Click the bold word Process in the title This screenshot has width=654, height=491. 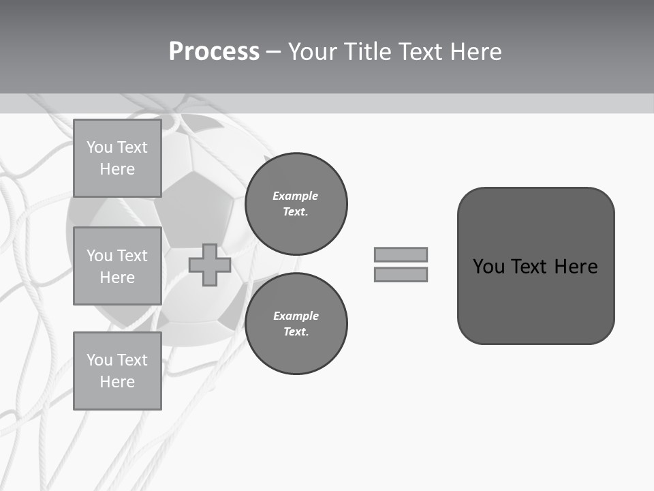point(214,52)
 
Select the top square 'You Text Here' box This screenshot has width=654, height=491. point(117,158)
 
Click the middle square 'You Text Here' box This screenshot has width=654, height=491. point(117,266)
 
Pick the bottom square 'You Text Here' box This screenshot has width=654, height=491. point(117,371)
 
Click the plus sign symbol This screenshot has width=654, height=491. point(210,265)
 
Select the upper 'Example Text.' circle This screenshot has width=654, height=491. point(296,203)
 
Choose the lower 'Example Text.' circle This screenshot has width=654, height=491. point(296,323)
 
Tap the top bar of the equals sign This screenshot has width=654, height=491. point(401,254)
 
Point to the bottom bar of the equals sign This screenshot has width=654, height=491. point(401,274)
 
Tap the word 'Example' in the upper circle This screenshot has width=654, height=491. point(296,196)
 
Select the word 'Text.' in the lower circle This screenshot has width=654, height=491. point(296,332)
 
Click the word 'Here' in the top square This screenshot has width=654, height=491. point(117,169)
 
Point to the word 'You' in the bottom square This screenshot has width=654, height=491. point(99,360)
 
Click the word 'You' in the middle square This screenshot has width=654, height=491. point(99,256)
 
